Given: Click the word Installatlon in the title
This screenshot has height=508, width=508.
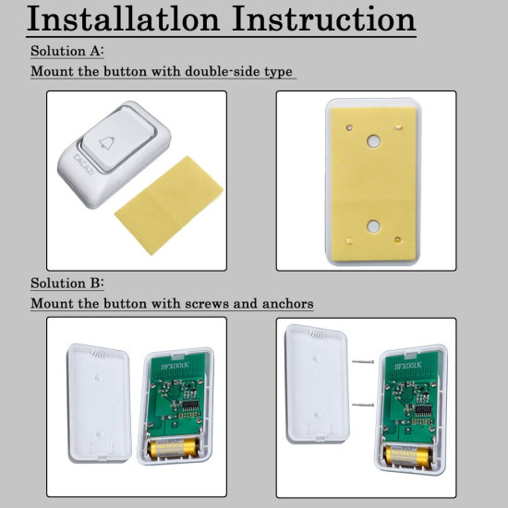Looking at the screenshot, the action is point(124,18).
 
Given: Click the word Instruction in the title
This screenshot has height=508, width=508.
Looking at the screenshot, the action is point(323,18).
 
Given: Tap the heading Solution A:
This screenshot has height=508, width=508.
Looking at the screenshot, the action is point(67,51).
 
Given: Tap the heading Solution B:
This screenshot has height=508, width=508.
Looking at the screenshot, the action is point(67,283).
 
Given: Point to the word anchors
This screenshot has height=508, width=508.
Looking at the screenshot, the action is point(287,304).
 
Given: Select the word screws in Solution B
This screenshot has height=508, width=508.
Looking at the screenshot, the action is point(207,304).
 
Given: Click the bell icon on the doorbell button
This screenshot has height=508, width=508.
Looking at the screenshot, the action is point(106,143).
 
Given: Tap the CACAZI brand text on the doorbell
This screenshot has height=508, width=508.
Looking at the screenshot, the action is point(83,164).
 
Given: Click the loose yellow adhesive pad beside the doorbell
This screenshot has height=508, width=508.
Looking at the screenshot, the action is point(169,205).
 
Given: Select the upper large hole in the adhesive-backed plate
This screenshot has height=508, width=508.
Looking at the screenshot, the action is point(373,141).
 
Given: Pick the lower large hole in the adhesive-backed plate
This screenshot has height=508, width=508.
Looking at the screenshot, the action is point(372,225).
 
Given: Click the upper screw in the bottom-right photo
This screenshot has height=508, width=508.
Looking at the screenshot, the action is point(363,361).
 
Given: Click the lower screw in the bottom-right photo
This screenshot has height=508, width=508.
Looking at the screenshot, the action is point(363,405).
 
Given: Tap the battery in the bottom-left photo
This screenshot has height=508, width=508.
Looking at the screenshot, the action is point(173,448).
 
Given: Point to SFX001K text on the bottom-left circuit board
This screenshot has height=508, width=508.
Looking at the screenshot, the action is point(175,366).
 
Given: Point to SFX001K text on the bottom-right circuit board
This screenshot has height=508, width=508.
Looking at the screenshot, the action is point(408,366).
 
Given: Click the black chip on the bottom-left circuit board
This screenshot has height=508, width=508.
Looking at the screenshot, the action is point(191,405).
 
